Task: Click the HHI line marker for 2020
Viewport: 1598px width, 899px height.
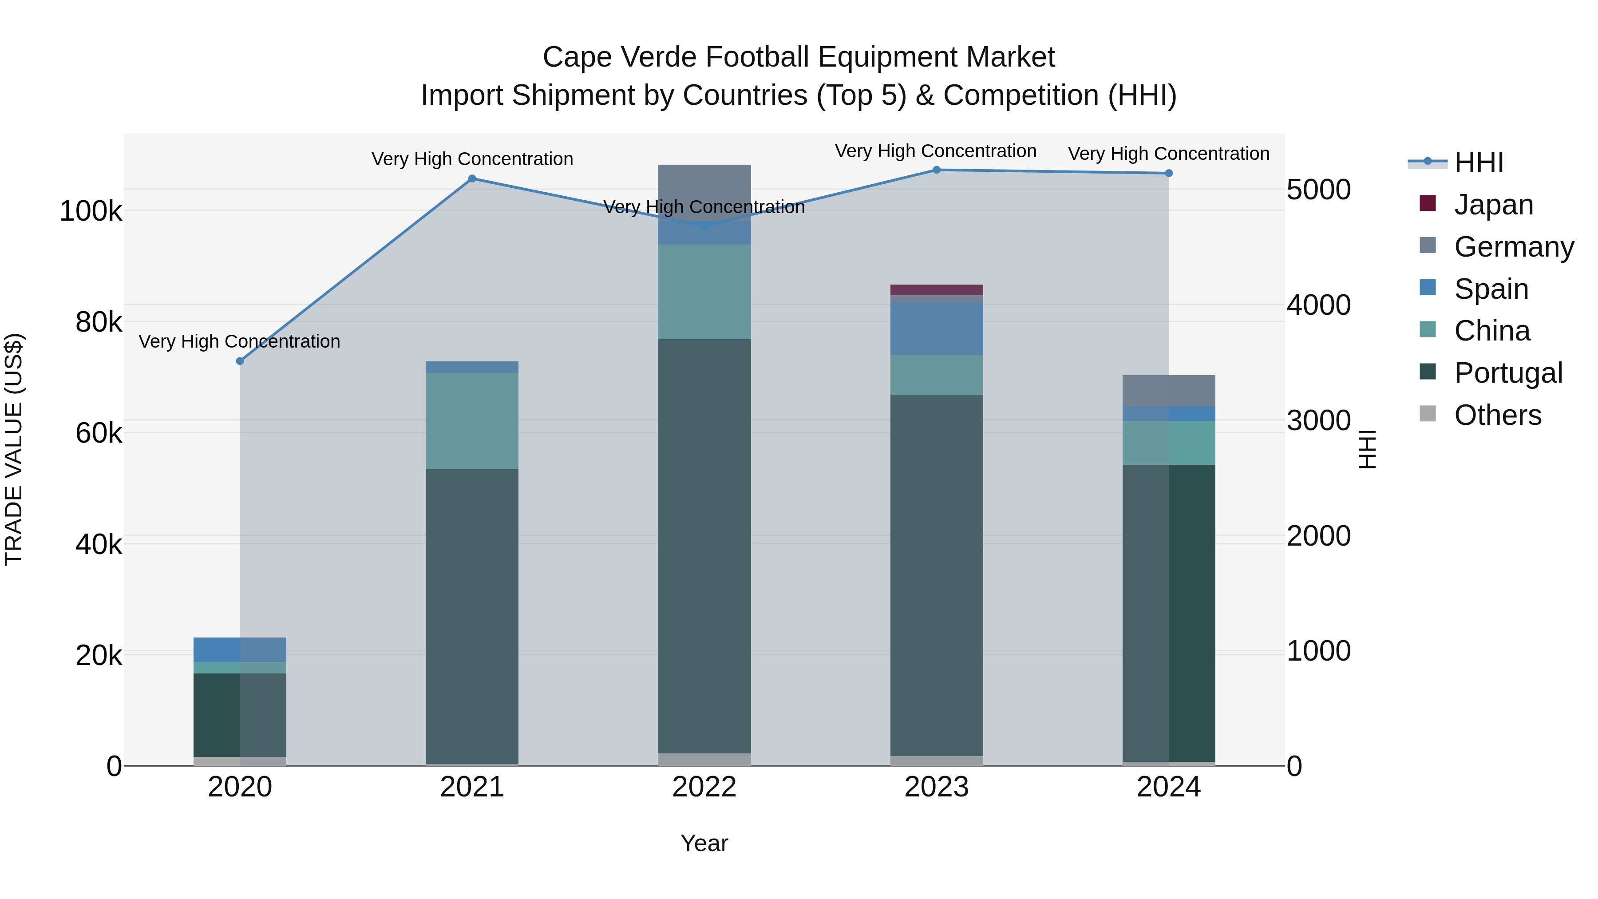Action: tap(240, 361)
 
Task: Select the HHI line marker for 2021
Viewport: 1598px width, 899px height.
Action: tap(472, 178)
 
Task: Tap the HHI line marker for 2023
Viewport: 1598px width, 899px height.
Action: tap(937, 170)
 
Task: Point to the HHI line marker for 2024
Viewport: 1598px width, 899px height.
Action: tap(1169, 173)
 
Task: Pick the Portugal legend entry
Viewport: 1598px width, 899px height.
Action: tap(1507, 373)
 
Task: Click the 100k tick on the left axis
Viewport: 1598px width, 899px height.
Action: tap(91, 212)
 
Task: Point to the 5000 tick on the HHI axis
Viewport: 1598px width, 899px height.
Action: tap(1319, 190)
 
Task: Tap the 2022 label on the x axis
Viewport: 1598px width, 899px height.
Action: tap(704, 787)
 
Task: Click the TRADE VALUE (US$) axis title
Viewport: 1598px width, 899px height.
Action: tap(14, 449)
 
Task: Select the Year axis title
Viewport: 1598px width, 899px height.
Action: tap(704, 843)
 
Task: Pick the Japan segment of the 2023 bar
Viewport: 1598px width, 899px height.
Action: tap(937, 290)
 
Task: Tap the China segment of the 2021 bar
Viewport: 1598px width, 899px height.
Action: tap(472, 421)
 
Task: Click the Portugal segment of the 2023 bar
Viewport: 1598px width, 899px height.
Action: tap(937, 574)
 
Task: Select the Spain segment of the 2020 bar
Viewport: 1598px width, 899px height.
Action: tap(240, 649)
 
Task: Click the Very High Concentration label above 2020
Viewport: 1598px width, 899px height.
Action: tap(239, 342)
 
